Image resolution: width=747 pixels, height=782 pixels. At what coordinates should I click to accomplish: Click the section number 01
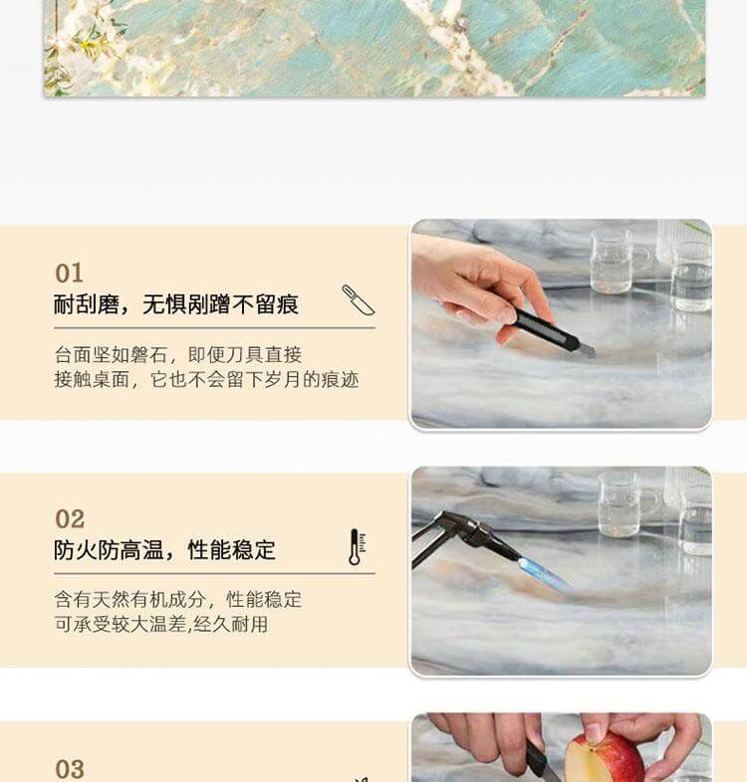tap(69, 273)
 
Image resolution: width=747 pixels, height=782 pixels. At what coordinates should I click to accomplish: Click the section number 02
tap(70, 519)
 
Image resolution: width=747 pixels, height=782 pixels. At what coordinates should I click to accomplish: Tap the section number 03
tap(70, 769)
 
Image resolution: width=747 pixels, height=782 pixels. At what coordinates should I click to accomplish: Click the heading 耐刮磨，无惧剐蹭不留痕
tap(176, 304)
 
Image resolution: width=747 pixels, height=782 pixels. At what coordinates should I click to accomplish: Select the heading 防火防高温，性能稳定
tap(165, 550)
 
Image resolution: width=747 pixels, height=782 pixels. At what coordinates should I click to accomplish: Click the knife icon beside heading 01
tap(358, 299)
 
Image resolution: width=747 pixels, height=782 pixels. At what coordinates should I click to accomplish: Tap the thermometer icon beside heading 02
tap(356, 547)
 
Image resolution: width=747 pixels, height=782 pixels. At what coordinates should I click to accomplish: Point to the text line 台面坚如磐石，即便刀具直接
tap(178, 354)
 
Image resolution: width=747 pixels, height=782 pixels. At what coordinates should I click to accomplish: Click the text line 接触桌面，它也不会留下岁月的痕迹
tap(206, 379)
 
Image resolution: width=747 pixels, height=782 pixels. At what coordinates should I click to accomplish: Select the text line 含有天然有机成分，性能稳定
tap(178, 600)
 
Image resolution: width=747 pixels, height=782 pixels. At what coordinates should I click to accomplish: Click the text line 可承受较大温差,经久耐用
tap(160, 625)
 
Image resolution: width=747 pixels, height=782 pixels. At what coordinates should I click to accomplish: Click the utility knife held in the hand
tap(550, 331)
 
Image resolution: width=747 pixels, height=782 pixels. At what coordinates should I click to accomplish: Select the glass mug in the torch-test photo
tap(621, 505)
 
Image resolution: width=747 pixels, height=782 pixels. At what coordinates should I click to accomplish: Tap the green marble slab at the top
tap(374, 48)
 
